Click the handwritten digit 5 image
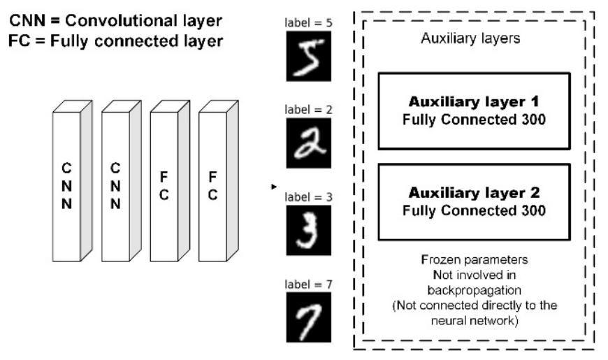(309, 56)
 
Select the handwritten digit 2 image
(309, 143)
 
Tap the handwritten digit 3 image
(309, 231)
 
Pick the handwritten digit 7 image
(309, 317)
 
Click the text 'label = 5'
(309, 23)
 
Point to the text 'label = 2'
(309, 110)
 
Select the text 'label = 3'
(309, 197)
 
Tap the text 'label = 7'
(309, 285)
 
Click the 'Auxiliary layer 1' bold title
(474, 101)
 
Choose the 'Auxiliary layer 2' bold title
(474, 193)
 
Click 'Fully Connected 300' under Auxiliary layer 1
(474, 120)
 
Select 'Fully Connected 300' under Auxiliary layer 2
(474, 210)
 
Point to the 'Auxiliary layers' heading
(470, 38)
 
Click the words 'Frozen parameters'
(475, 259)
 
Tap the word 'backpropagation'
(475, 290)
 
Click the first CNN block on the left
(72, 181)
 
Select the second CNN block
(122, 181)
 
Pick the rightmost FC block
(218, 181)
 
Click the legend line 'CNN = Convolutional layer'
(115, 20)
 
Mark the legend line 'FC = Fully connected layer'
(115, 41)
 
